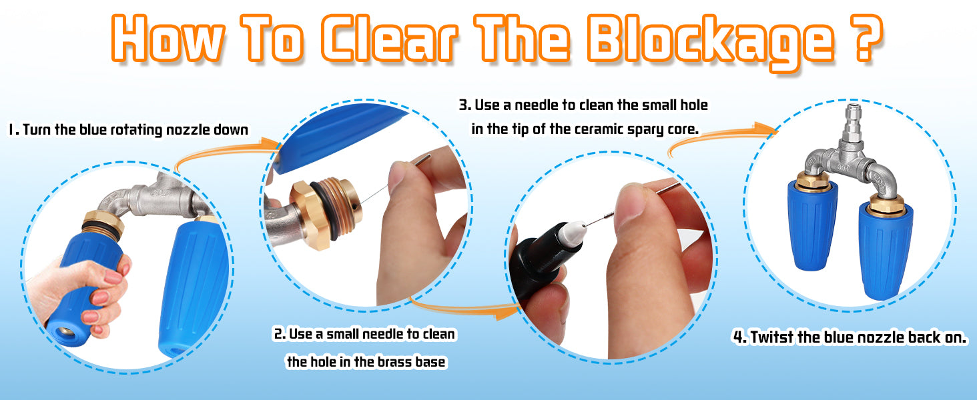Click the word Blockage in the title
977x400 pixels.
pos(710,41)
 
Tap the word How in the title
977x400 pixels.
pos(168,39)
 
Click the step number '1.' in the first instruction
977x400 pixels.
pos(14,129)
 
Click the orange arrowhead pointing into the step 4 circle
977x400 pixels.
pos(767,129)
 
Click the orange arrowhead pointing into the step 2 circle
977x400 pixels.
pos(270,145)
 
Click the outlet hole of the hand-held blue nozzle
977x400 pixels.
pos(66,332)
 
